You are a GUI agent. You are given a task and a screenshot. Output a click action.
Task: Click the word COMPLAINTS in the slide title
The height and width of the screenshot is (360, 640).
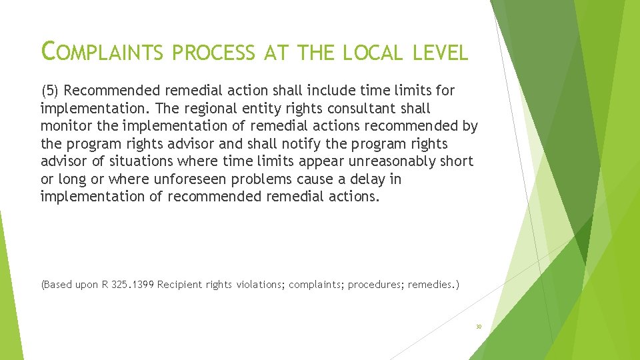pos(101,51)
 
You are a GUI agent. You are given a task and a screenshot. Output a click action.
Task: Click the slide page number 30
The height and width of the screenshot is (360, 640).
pos(479,327)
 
